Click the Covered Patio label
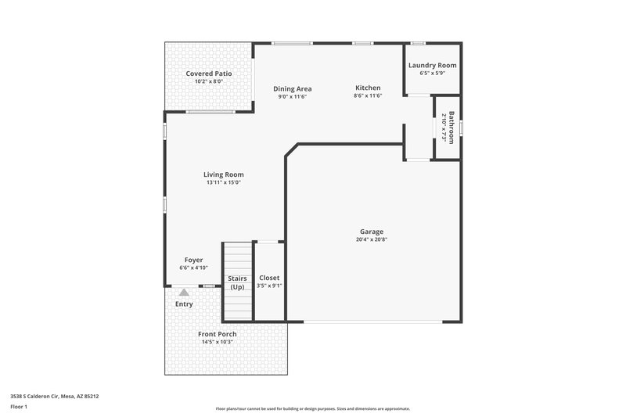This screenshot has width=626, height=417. (x=208, y=74)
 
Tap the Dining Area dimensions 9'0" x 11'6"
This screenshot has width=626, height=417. (x=293, y=96)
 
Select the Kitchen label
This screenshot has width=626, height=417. (x=368, y=88)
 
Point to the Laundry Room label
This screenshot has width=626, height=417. (x=432, y=66)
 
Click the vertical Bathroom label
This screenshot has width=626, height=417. (x=451, y=127)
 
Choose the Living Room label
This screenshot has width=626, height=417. (x=224, y=174)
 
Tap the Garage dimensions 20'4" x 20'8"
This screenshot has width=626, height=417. (x=371, y=239)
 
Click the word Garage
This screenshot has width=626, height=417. (x=371, y=232)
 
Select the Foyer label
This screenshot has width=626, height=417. (x=193, y=260)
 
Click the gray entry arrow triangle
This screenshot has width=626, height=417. (x=184, y=291)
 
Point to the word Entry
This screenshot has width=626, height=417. (x=184, y=304)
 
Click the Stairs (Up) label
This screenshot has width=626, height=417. (x=238, y=282)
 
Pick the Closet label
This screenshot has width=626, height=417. (x=269, y=278)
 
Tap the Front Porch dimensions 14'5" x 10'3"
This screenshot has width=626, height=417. (x=217, y=342)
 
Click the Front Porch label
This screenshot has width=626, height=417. (x=217, y=334)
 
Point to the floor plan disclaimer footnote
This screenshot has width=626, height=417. (x=312, y=408)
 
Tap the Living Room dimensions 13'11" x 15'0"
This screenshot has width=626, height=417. (x=224, y=182)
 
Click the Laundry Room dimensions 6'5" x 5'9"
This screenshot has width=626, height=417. (x=432, y=74)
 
